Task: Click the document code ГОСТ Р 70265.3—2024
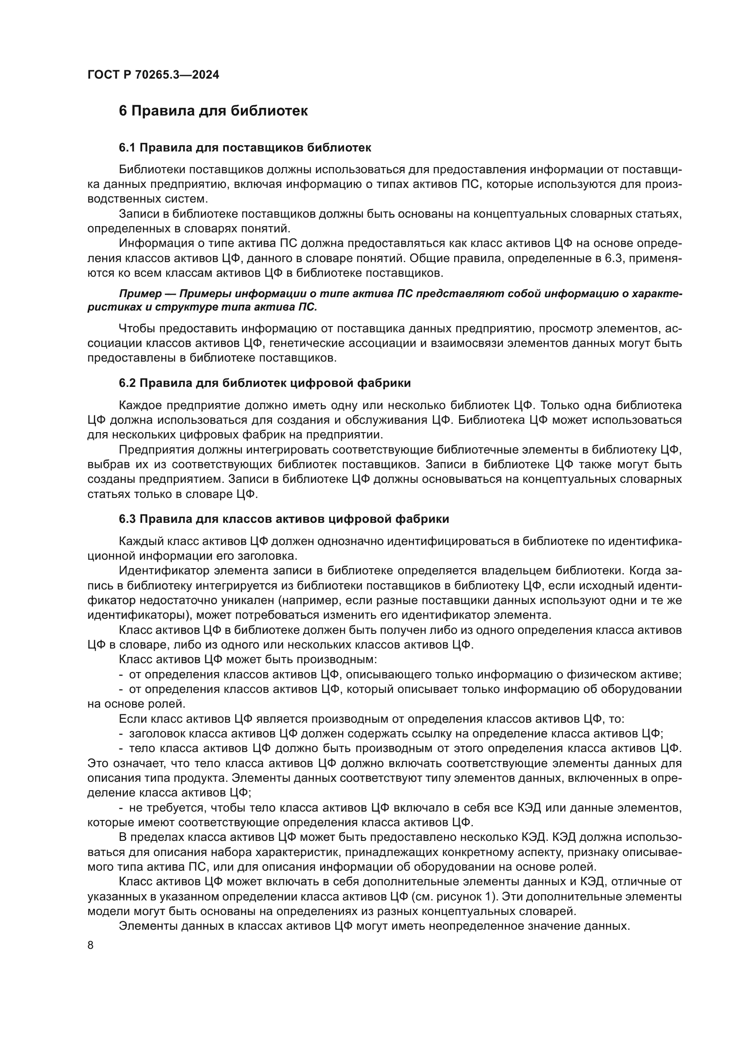pos(153,75)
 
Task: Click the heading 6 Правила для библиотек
pos(213,111)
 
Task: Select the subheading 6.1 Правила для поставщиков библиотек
pos(245,147)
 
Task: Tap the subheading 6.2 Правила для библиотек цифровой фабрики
pos(265,383)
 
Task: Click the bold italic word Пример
pos(140,294)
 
